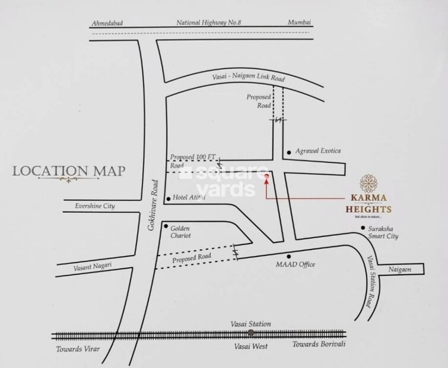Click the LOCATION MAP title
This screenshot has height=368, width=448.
pos(69,171)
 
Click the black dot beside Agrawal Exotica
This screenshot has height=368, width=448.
pos(289,152)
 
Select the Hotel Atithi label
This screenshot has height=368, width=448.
pos(189,198)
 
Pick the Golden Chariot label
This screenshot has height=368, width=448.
pos(182,232)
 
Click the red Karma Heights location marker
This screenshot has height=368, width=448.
pos(266,176)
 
